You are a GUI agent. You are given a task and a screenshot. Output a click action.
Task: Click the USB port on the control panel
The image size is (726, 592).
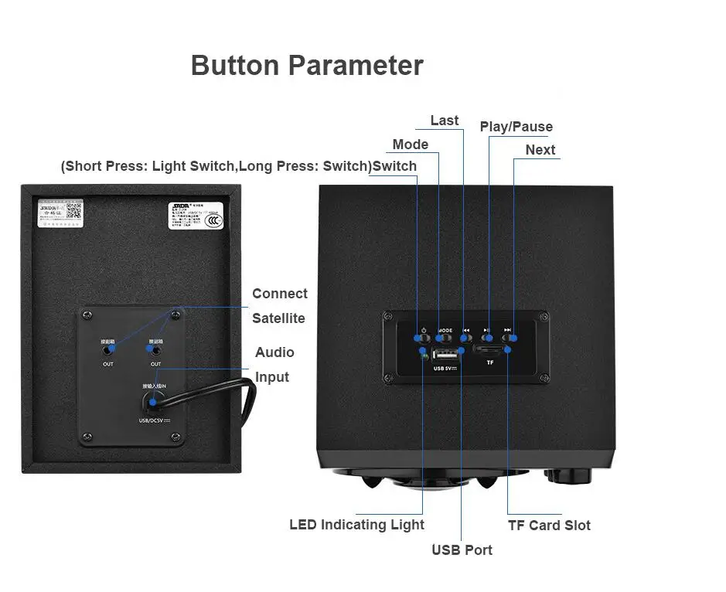(445, 356)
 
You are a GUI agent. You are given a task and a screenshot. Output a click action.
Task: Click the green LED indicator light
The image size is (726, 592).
(424, 355)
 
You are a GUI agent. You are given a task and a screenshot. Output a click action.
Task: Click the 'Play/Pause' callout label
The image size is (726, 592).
(516, 127)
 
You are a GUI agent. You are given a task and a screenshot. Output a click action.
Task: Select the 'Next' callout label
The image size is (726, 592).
(540, 150)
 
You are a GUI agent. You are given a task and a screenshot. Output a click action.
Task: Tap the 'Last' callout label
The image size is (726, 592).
(444, 121)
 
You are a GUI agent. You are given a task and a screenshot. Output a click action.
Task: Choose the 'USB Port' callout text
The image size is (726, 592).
(462, 550)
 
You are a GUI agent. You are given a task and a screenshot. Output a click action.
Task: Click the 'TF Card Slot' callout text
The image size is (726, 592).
(549, 526)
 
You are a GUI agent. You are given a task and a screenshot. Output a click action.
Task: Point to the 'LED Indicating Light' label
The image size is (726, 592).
(356, 526)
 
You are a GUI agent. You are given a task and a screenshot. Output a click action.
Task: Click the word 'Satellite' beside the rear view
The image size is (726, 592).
(278, 318)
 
